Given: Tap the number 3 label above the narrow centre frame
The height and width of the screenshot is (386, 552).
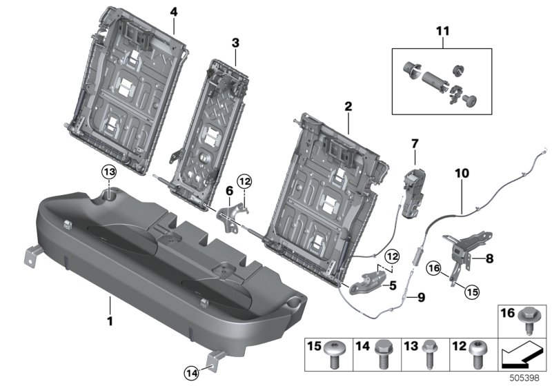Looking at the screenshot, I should tap(235, 43).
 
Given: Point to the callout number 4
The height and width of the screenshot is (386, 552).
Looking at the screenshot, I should tap(173, 12).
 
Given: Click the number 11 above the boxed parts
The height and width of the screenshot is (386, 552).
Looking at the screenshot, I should tap(442, 31).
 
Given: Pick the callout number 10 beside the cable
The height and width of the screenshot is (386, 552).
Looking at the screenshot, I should tap(461, 175).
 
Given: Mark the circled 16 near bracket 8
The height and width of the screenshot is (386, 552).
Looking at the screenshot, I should tap(434, 269).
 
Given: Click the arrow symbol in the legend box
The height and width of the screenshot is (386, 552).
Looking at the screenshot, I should tap(522, 357).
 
